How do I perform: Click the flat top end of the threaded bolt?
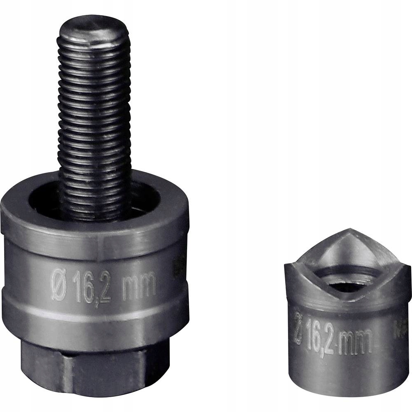tap(93, 31)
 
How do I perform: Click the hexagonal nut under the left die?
tap(95, 371)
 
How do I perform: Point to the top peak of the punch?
tap(349, 229)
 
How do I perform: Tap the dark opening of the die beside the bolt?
tap(43, 202)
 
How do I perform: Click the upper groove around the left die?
tap(95, 251)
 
